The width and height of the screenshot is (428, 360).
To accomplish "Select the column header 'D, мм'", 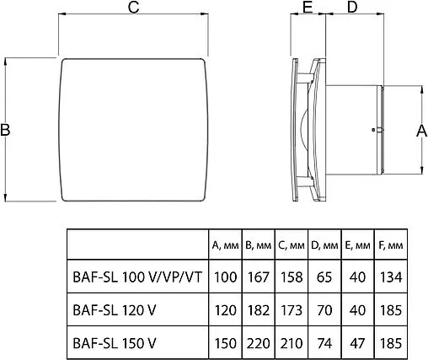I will pyautogui.click(x=324, y=245).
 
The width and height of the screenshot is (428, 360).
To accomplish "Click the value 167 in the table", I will pyautogui.click(x=257, y=276).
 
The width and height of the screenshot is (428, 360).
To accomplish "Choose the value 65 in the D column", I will pyautogui.click(x=324, y=276).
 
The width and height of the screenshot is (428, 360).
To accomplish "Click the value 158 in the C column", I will pyautogui.click(x=291, y=276).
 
